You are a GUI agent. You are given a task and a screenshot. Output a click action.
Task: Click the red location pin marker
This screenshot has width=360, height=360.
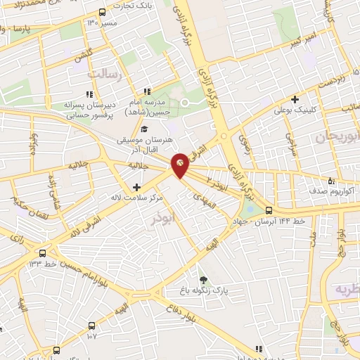click(180, 163)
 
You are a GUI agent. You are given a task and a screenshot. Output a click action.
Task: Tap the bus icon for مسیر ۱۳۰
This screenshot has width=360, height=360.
click(102, 13)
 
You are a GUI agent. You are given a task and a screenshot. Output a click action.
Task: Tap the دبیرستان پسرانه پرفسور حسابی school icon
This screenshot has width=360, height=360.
click(89, 94)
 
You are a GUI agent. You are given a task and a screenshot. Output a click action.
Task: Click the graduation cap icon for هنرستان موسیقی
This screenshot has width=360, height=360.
click(144, 129)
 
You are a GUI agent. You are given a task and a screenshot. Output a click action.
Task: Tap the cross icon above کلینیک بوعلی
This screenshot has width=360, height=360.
click(295, 99)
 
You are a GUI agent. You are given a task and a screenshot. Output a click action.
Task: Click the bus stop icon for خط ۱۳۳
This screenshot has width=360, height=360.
click(44, 252)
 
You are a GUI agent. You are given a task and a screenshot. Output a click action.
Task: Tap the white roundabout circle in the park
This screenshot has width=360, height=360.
click(186, 103)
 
